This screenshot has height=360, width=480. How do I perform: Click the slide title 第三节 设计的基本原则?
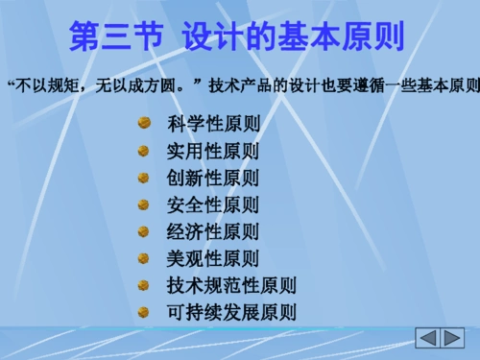pyautogui.click(x=237, y=36)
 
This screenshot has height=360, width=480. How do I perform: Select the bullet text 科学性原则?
pyautogui.click(x=212, y=125)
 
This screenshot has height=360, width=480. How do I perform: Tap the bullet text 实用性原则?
pyautogui.click(x=212, y=152)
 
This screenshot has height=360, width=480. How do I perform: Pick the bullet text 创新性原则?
pyautogui.click(x=212, y=179)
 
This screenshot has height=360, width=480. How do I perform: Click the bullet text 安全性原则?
pyautogui.click(x=212, y=205)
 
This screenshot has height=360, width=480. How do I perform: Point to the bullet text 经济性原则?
pyautogui.click(x=212, y=231)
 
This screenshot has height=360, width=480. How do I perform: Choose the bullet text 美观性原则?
pyautogui.click(x=212, y=258)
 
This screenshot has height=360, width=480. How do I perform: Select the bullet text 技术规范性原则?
pyautogui.click(x=231, y=285)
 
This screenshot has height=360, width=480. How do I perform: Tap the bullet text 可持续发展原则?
pyautogui.click(x=231, y=312)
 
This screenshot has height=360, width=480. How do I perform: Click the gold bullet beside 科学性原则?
pyautogui.click(x=143, y=124)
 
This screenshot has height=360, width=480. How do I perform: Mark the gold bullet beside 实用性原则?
pyautogui.click(x=143, y=151)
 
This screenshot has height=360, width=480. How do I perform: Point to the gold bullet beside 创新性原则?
pyautogui.click(x=143, y=178)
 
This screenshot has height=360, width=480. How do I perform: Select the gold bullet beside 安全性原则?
pyautogui.click(x=143, y=204)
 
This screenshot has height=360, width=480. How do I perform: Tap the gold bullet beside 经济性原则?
pyautogui.click(x=143, y=230)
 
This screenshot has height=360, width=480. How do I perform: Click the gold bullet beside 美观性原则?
pyautogui.click(x=143, y=257)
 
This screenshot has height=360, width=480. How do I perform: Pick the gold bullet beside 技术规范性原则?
pyautogui.click(x=143, y=284)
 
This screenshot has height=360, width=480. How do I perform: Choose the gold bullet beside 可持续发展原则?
pyautogui.click(x=143, y=311)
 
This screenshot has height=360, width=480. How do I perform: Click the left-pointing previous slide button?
pyautogui.click(x=428, y=338)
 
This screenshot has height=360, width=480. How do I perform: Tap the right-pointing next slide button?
pyautogui.click(x=452, y=338)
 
